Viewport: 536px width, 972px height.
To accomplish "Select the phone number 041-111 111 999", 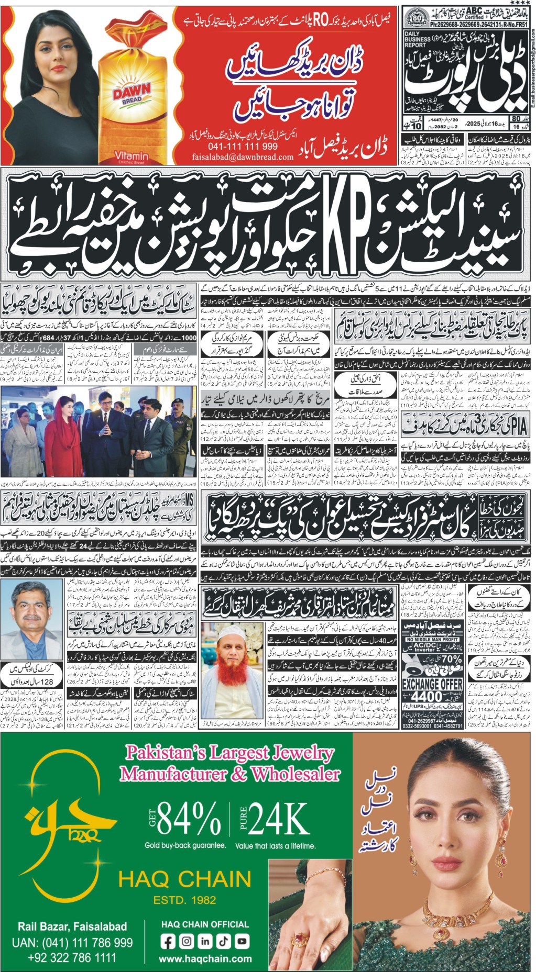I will click(x=243, y=146).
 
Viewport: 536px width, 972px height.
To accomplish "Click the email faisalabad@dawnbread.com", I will click(x=243, y=157).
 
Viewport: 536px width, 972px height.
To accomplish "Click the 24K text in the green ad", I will click(x=278, y=818).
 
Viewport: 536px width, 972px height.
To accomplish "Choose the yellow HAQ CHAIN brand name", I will click(x=184, y=880).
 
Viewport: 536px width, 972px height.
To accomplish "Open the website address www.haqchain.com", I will click(x=205, y=959).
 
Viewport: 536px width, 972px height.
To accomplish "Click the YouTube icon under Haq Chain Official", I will click(x=243, y=941).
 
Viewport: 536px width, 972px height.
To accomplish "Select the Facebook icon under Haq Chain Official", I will click(x=168, y=941).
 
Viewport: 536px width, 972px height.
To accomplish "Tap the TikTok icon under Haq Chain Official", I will click(x=224, y=941).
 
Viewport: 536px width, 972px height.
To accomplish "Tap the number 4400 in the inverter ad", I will click(x=426, y=696).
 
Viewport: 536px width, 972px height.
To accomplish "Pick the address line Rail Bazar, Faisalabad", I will click(x=72, y=926).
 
